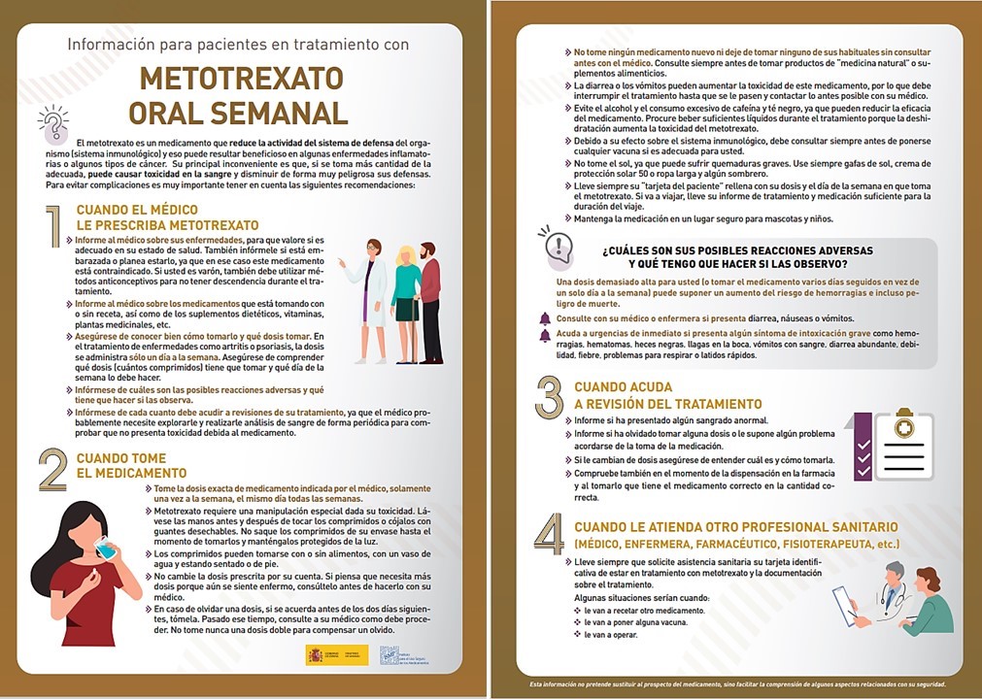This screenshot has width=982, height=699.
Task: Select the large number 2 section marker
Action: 52,472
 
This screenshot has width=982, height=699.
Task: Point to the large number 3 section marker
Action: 549,398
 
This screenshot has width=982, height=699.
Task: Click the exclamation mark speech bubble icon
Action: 558,242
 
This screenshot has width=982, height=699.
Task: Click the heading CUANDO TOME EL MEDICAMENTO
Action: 120,466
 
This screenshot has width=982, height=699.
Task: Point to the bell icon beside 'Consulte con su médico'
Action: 545,318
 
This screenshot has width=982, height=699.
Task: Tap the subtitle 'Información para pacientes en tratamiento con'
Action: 238,45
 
